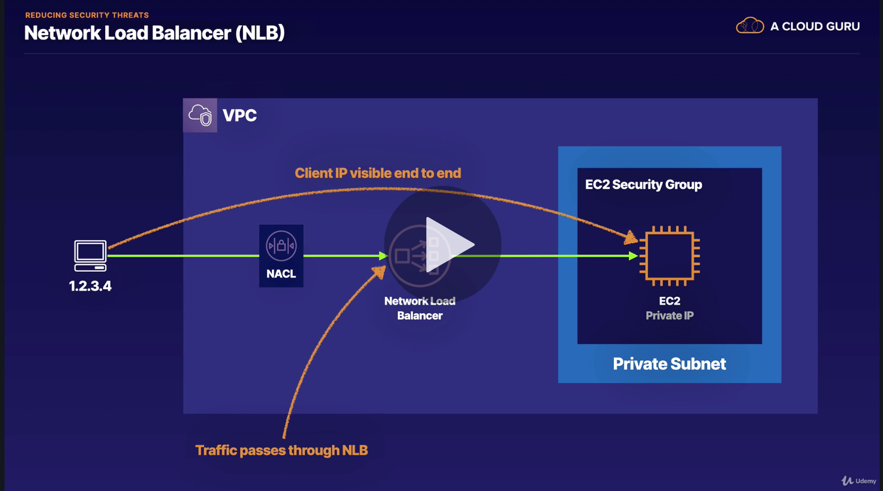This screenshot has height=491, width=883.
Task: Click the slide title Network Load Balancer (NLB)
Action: click(x=154, y=33)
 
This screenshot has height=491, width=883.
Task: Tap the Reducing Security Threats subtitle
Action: click(x=87, y=15)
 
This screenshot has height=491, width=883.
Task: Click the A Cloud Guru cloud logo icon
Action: click(x=749, y=26)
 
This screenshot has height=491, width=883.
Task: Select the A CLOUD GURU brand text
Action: click(x=815, y=26)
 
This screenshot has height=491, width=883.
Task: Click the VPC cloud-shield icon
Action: click(x=200, y=115)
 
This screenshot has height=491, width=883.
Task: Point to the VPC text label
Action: click(x=239, y=116)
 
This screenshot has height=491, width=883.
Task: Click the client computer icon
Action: click(x=90, y=256)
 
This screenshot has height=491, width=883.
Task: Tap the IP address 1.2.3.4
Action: click(x=90, y=286)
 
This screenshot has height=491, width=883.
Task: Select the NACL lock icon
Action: click(x=281, y=246)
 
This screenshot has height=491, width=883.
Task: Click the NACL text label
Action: click(x=281, y=274)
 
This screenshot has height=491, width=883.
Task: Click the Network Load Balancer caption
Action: click(x=420, y=308)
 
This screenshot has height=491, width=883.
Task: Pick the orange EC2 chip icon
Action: click(x=669, y=256)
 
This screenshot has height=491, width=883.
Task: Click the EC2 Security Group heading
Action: click(x=644, y=185)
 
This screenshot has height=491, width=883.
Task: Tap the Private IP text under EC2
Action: click(x=669, y=316)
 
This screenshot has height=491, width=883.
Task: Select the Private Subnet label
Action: click(x=669, y=364)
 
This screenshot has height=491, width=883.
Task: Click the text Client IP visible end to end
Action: click(x=378, y=173)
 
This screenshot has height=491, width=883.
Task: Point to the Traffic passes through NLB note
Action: click(x=281, y=450)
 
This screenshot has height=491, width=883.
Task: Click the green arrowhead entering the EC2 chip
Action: click(x=633, y=256)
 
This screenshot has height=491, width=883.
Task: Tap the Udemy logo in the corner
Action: click(x=859, y=481)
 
